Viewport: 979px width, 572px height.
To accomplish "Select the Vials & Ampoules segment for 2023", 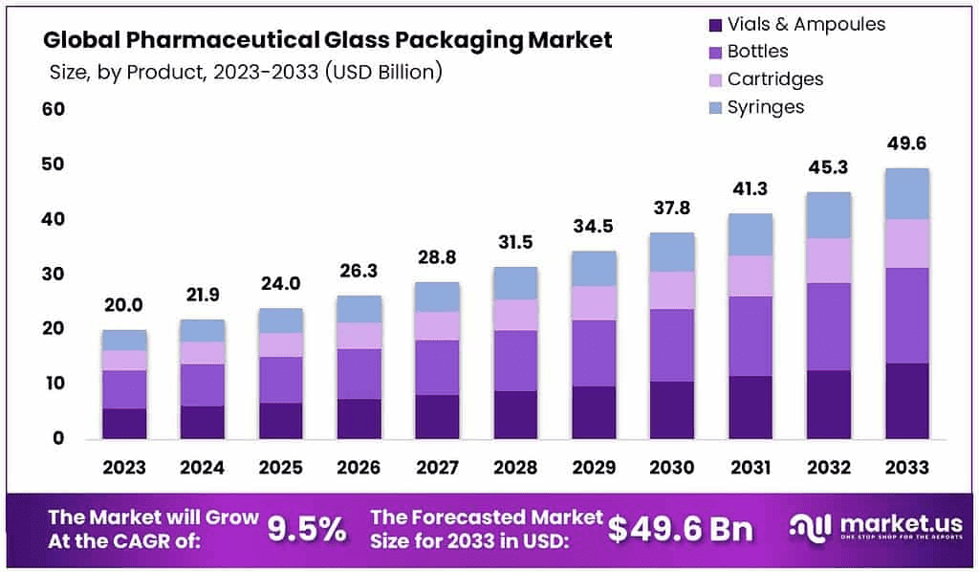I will [x=124, y=424].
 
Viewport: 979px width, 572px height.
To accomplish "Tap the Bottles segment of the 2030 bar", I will [x=671, y=345].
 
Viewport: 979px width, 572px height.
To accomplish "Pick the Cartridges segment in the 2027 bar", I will [x=437, y=325].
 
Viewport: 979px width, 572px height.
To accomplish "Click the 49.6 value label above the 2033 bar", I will [x=906, y=144].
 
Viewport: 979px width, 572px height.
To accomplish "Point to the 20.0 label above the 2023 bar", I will [x=124, y=305].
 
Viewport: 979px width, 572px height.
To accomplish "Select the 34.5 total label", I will [x=594, y=227].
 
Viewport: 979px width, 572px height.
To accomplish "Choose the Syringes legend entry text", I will [x=766, y=107].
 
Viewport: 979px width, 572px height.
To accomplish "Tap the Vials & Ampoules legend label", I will [x=806, y=24].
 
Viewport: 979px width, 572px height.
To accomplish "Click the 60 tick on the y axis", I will [x=52, y=110].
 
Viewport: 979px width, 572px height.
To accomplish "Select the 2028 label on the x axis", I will [x=515, y=468].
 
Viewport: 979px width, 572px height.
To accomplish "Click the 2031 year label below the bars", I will [x=750, y=468].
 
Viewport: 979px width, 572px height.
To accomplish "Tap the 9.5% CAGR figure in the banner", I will [x=306, y=528].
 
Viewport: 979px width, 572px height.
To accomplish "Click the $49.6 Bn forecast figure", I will [x=680, y=528].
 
